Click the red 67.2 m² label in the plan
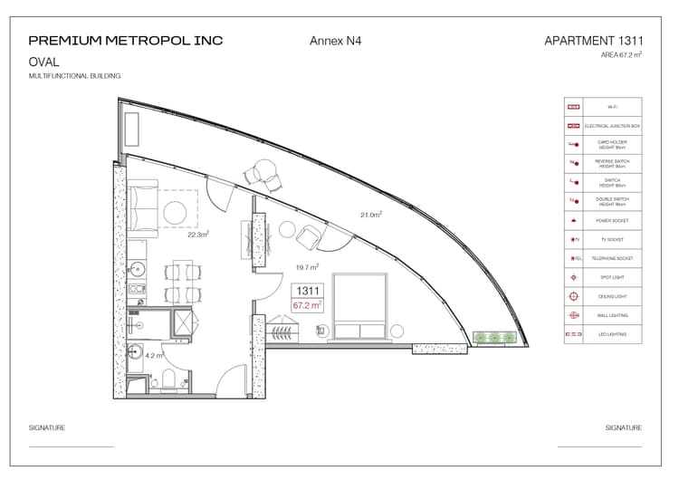coord(308,306)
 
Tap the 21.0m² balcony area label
coord(371,215)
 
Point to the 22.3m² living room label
coord(198,234)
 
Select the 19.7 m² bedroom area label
coord(308,267)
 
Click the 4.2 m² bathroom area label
coord(155,356)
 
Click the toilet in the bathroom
coord(167,384)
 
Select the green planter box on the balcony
coord(494,338)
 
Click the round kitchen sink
coord(137,269)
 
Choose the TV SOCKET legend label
coord(611,240)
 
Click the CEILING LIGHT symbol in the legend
coord(572,296)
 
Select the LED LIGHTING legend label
coord(611,335)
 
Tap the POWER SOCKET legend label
coord(611,221)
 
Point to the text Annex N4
coord(335,41)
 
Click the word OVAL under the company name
coord(44,62)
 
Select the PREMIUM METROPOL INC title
coord(126,41)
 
